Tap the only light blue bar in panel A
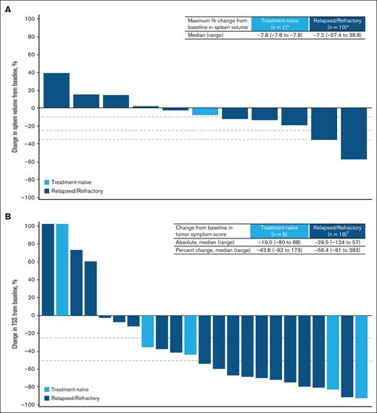pyautogui.click(x=205, y=112)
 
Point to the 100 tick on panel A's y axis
pyautogui.click(x=33, y=17)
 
